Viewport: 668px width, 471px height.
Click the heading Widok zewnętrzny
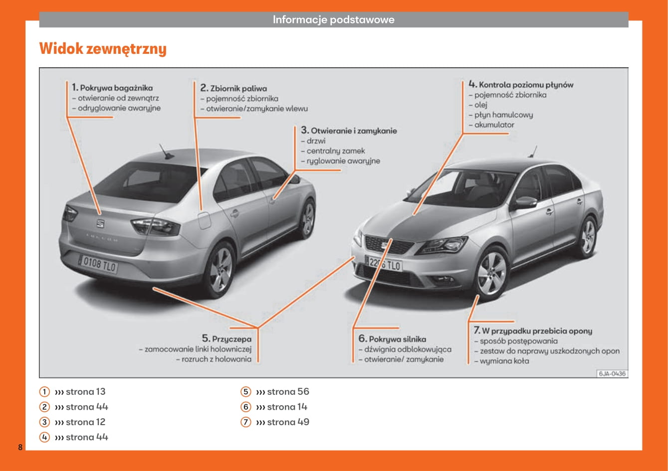103,49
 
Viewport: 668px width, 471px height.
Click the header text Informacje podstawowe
333,20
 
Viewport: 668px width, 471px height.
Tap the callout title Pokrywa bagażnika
116,88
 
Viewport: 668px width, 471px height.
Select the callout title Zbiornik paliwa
238,88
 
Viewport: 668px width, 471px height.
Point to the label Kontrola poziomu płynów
525,85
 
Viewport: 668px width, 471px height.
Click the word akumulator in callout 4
493,125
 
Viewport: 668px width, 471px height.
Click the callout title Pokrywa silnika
397,339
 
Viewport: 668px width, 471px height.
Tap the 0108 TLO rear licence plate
98,264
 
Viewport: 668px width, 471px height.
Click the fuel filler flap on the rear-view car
205,220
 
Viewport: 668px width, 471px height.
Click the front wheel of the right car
491,273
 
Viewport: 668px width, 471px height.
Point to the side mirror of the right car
525,202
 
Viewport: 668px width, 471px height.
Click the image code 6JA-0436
612,373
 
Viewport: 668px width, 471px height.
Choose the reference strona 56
288,392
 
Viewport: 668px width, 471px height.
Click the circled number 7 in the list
245,422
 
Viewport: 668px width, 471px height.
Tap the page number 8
20,447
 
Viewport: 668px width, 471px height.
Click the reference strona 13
85,392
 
